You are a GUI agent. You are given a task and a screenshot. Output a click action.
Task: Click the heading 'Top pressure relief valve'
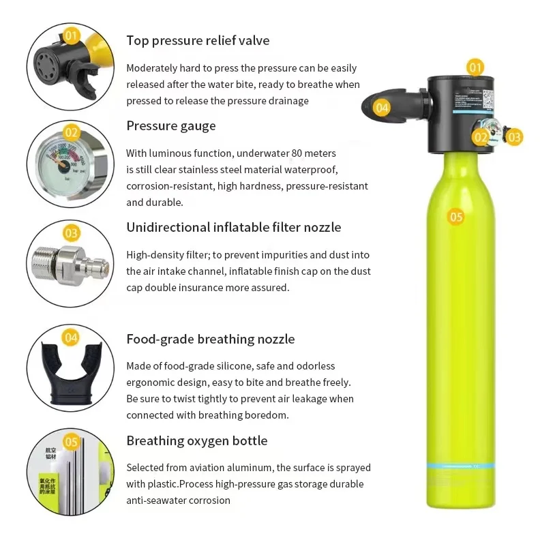198,40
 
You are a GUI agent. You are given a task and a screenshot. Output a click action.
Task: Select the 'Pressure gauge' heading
170,125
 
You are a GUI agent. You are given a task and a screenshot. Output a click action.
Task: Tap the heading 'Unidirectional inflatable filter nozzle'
234,227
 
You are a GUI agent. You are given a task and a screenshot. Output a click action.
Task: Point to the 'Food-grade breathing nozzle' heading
211,339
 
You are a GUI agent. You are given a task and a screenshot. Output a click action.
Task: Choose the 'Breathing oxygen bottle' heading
197,440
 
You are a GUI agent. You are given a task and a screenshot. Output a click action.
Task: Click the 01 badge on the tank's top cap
475,67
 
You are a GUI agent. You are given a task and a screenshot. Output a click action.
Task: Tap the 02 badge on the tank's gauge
481,137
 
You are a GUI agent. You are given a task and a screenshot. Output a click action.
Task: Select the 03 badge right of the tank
513,137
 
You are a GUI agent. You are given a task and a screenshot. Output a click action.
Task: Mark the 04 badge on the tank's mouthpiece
382,107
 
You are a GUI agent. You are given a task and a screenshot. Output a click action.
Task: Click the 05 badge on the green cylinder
455,217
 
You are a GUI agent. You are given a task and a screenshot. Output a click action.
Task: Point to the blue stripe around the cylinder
456,466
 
